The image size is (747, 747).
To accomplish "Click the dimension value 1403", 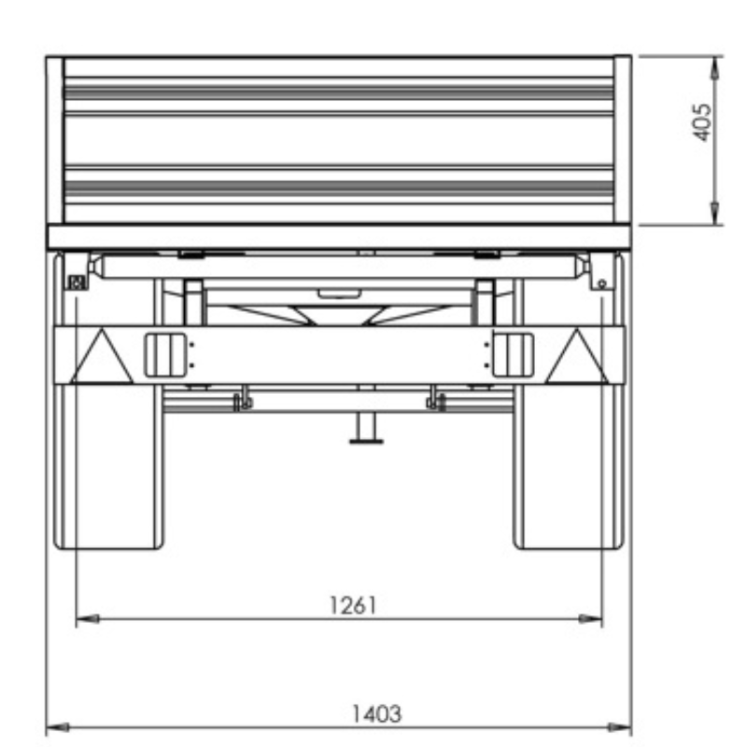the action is (376, 713).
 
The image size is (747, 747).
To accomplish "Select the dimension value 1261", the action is (353, 605).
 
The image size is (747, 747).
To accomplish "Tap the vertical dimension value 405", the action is (702, 122).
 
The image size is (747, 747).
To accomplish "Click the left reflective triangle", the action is (102, 357).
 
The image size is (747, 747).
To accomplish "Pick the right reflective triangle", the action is (577, 357).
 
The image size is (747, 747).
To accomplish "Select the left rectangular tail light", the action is (165, 356).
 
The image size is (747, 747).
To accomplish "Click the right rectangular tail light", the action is (513, 356).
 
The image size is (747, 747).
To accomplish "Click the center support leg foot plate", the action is (366, 442).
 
